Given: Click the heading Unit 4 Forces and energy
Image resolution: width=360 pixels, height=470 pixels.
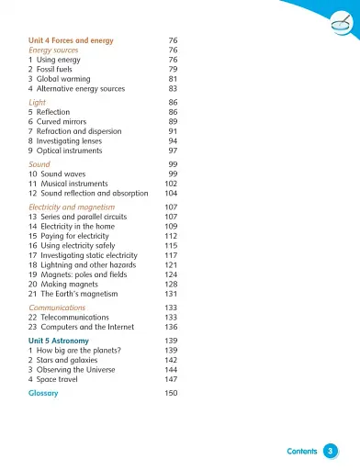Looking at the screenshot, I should [x=74, y=41].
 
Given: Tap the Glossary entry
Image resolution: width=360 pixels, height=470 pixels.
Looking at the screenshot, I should [x=43, y=393].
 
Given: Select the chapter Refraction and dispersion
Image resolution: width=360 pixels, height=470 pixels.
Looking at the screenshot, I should [x=82, y=131].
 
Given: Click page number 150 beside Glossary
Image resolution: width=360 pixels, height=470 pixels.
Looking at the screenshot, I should [x=171, y=393].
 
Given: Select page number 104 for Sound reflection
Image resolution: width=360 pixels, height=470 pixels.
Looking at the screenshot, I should [x=171, y=194].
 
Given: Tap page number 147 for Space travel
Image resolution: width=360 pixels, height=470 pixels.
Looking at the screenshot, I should [x=171, y=379].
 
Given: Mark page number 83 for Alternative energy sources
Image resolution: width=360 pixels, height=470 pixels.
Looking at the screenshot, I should [x=173, y=89].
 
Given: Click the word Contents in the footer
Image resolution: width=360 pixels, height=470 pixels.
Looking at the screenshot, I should [x=302, y=451].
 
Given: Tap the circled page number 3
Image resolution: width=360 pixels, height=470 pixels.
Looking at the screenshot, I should [x=331, y=451].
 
